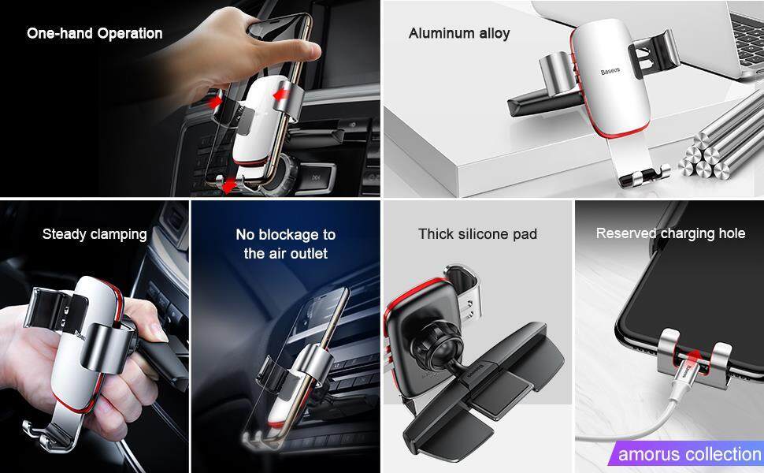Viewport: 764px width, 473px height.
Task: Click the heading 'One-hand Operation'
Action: pyautogui.click(x=95, y=34)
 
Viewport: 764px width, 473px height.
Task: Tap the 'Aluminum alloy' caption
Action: pyautogui.click(x=459, y=34)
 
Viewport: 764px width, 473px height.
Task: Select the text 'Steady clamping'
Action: pyautogui.click(x=95, y=235)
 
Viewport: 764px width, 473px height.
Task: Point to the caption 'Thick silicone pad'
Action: pyautogui.click(x=477, y=234)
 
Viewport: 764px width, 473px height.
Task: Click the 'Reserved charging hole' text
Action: pyautogui.click(x=670, y=233)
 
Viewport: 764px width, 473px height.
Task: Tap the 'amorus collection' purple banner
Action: pyautogui.click(x=686, y=454)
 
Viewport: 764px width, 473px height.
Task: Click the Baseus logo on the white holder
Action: pyautogui.click(x=610, y=71)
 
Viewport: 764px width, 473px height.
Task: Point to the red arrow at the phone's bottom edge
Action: pyautogui.click(x=228, y=186)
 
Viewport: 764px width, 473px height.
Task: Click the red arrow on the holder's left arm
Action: pyautogui.click(x=215, y=102)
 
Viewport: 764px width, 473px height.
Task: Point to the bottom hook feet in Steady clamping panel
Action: pyautogui.click(x=46, y=435)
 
